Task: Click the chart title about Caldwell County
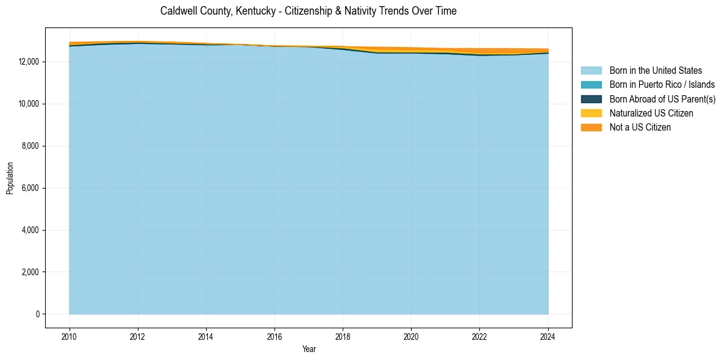pyautogui.click(x=308, y=11)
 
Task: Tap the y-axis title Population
pyautogui.click(x=10, y=178)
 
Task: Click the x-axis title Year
pyautogui.click(x=309, y=349)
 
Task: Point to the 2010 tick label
pyautogui.click(x=70, y=336)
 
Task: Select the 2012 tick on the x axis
pyautogui.click(x=138, y=336)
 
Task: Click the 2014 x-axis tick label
pyautogui.click(x=206, y=336)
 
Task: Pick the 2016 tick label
pyautogui.click(x=274, y=336)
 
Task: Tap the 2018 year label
pyautogui.click(x=343, y=336)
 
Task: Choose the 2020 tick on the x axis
pyautogui.click(x=412, y=336)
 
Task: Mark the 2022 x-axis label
pyautogui.click(x=480, y=336)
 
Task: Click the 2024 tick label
pyautogui.click(x=548, y=336)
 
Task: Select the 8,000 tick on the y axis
pyautogui.click(x=31, y=146)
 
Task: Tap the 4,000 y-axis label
pyautogui.click(x=31, y=230)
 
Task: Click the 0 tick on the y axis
pyautogui.click(x=37, y=314)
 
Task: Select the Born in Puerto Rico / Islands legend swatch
pyautogui.click(x=591, y=85)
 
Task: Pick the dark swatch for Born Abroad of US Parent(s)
pyautogui.click(x=591, y=99)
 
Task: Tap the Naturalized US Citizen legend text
pyautogui.click(x=651, y=113)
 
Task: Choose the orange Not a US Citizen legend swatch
pyautogui.click(x=591, y=128)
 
